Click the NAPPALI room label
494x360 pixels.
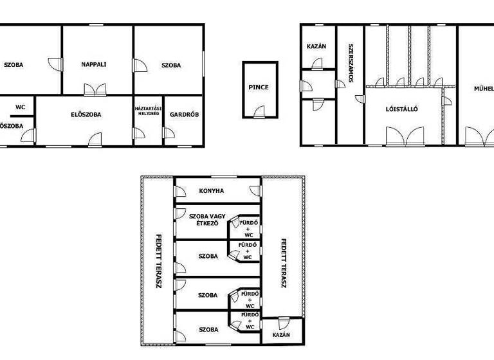(x=93, y=64)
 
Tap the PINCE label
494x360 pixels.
(x=259, y=87)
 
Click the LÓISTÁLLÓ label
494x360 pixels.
(x=402, y=109)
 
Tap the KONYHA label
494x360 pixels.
(x=212, y=190)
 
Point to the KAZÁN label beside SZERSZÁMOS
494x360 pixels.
(x=317, y=46)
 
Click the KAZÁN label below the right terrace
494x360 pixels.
(x=281, y=335)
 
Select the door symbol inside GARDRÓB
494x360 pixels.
(x=169, y=133)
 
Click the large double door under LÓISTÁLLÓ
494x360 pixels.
(x=402, y=136)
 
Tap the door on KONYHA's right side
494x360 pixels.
(x=255, y=192)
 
